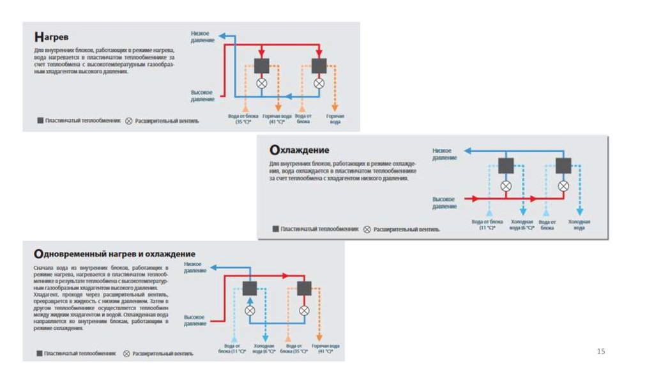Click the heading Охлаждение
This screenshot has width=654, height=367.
point(299,150)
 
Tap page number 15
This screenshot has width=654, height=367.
point(600,352)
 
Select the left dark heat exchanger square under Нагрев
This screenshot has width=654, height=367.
point(261,66)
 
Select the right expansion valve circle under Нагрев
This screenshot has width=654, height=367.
point(319,84)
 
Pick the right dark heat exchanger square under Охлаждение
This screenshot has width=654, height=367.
point(563,166)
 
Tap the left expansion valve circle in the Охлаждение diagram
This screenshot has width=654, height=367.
point(506,186)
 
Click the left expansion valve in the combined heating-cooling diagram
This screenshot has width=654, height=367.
point(250,310)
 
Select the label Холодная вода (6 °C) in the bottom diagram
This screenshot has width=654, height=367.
point(264,348)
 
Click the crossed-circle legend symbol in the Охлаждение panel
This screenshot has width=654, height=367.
point(367,229)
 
